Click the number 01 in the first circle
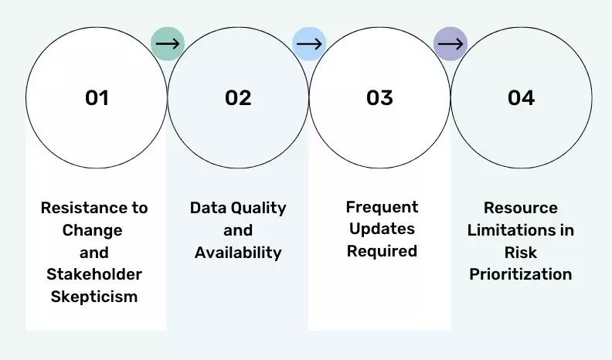pos(97,98)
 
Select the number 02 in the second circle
pos(238,98)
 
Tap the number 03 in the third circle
pos(379,98)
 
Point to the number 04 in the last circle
pos(521,98)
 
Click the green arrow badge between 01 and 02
pos(167,43)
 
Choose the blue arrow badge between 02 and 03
pos(308,44)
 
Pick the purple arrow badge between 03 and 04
pos(450,44)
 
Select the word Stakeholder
pos(94,274)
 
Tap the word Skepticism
pos(94,297)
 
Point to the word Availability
pos(238,253)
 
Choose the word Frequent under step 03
pos(382,207)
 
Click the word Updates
pos(382,229)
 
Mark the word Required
pos(382,251)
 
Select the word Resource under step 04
pos(520,208)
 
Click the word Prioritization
pos(520,274)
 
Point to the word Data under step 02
pos(206,208)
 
